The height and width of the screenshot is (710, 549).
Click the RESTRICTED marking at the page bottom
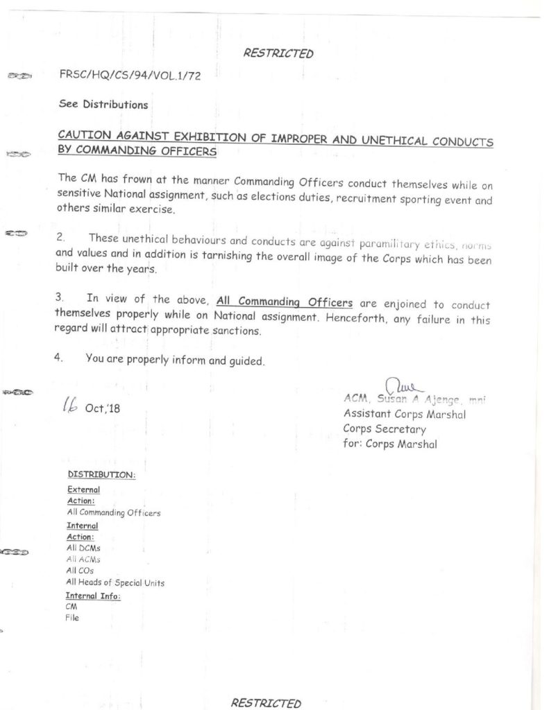[x=266, y=702]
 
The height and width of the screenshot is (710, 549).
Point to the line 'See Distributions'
[x=103, y=105]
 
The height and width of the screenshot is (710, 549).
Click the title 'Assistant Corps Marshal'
[x=404, y=414]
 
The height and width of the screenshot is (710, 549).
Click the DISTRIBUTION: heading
[x=101, y=476]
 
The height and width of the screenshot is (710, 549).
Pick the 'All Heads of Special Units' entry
[x=115, y=582]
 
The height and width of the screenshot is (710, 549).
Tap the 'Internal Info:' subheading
[x=93, y=596]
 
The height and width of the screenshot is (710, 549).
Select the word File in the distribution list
[x=72, y=618]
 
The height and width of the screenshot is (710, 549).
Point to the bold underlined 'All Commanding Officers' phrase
[x=284, y=300]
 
